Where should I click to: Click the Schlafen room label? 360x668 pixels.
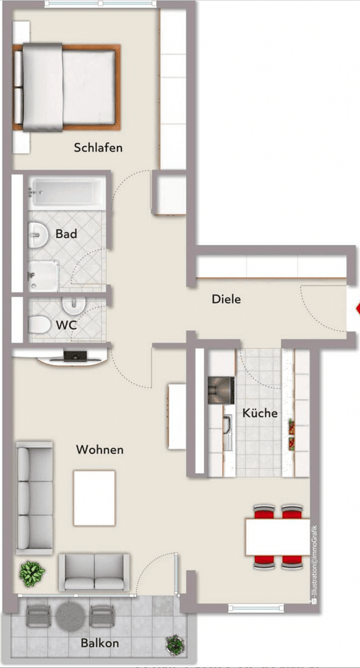pyautogui.click(x=98, y=148)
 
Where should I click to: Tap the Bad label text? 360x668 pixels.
pyautogui.click(x=66, y=234)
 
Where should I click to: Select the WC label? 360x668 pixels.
pyautogui.click(x=67, y=324)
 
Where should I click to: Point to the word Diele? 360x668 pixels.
pyautogui.click(x=226, y=299)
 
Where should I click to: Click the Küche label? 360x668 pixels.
pyautogui.click(x=260, y=413)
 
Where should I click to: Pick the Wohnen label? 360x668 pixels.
pyautogui.click(x=100, y=450)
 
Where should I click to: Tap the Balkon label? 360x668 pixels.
pyautogui.click(x=100, y=643)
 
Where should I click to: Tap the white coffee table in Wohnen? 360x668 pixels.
pyautogui.click(x=94, y=497)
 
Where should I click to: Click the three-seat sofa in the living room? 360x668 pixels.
pyautogui.click(x=35, y=497)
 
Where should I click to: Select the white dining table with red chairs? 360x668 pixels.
pyautogui.click(x=277, y=537)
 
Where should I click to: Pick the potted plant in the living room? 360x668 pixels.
pyautogui.click(x=32, y=574)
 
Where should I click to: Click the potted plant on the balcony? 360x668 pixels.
pyautogui.click(x=174, y=644)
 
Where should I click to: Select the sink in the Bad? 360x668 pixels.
pyautogui.click(x=39, y=234)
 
